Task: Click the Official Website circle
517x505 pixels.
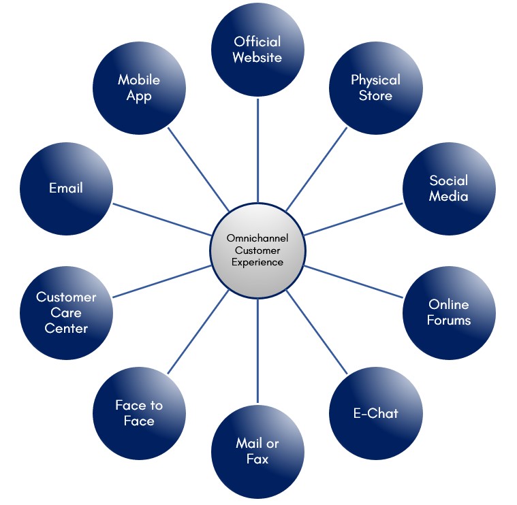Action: point(257,50)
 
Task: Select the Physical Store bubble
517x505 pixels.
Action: point(375,88)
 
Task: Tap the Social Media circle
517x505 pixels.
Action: point(448,189)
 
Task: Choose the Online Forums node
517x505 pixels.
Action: point(448,312)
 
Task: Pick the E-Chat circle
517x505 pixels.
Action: point(375,413)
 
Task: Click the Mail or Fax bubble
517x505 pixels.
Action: point(257,451)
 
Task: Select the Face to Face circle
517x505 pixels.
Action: point(139,413)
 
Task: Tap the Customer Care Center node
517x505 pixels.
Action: point(66,312)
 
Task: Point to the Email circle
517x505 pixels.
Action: point(66,189)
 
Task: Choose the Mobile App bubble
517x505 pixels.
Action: point(139,88)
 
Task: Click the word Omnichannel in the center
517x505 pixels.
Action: point(257,238)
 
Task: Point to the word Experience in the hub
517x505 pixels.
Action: point(257,262)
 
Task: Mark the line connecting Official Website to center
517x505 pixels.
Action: point(257,150)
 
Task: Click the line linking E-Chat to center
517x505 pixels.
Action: point(317,332)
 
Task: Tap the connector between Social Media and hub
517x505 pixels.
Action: point(354,218)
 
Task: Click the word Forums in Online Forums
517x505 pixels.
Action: point(449,320)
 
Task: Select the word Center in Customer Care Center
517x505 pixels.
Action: point(66,329)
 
